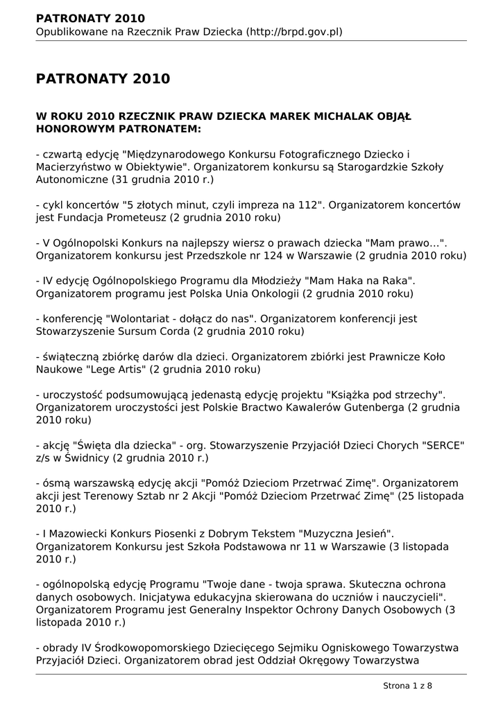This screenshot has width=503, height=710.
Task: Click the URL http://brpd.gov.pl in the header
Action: coord(294,32)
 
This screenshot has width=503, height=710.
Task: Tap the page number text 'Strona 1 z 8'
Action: coord(407,686)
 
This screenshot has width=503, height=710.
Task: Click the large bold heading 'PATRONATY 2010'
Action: coord(103,79)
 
